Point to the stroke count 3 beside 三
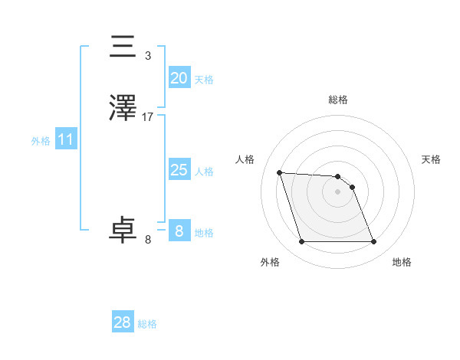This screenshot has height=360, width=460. [x=147, y=56]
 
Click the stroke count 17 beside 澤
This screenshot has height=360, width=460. [x=148, y=117]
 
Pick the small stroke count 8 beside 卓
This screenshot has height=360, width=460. [x=148, y=240]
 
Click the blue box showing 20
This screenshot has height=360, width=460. [x=179, y=78]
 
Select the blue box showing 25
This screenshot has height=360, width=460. [x=179, y=170]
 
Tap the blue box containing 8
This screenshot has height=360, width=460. [x=179, y=231]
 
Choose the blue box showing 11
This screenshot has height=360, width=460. [x=65, y=139]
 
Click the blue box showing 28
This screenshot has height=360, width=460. [x=122, y=322]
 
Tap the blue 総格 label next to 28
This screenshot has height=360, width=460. [x=147, y=324]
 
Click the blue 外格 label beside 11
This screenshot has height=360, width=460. [x=41, y=141]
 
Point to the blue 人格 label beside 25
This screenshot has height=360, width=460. [x=204, y=172]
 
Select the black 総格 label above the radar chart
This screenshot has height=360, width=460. [x=337, y=100]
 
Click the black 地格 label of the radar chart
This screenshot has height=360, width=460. [x=402, y=262]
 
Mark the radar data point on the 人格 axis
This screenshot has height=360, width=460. [x=279, y=172]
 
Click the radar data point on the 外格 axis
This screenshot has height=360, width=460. [x=301, y=242]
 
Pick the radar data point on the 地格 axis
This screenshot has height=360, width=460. [x=373, y=242]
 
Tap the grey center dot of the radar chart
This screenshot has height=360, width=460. [x=337, y=191]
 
